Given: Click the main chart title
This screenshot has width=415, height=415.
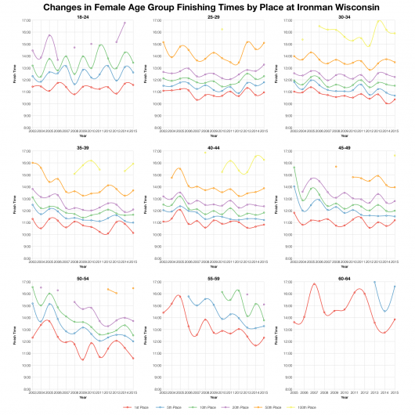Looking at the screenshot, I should [207, 7].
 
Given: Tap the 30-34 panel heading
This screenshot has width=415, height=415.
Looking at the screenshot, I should [345, 15].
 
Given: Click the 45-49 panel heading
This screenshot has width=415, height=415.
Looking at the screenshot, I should [345, 146].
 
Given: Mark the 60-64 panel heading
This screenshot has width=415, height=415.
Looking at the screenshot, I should [345, 277].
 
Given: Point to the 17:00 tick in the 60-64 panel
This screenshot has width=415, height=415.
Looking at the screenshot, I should [286, 282].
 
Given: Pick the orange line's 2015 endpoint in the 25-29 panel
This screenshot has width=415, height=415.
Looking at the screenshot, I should [264, 43].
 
